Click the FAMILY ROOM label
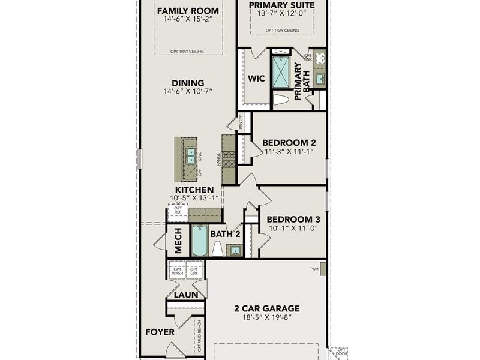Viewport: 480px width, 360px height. [x=187, y=11]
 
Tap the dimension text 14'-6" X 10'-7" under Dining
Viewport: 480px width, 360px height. [x=188, y=92]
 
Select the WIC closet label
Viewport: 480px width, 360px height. [x=257, y=79]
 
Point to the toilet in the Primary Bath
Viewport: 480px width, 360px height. [x=281, y=100]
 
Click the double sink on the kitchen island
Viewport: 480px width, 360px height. [x=191, y=155]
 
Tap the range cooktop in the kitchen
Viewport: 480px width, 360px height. [x=229, y=160]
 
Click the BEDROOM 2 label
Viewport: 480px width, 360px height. [x=289, y=142]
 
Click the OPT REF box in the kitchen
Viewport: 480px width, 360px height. [x=178, y=211]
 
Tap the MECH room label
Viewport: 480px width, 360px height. [x=178, y=241]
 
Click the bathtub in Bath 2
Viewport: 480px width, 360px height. [x=199, y=241]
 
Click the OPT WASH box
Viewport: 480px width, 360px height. [x=178, y=271]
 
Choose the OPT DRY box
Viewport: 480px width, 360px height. [x=194, y=271]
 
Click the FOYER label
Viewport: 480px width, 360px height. [x=160, y=332]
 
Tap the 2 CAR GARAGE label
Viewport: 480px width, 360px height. [x=266, y=309]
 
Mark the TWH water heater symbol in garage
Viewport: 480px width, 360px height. [x=323, y=269]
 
